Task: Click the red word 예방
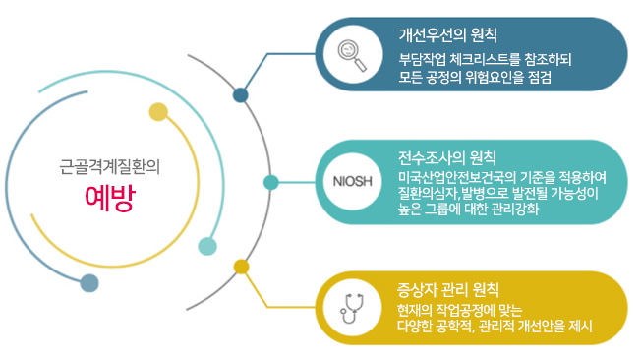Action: coord(110,199)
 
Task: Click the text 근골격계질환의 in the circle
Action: coord(109,167)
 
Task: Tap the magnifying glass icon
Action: coord(352,55)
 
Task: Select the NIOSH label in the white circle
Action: coord(352,181)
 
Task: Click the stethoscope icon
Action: coord(352,308)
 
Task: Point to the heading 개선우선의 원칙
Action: coord(448,35)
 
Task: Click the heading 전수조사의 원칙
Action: coord(447,158)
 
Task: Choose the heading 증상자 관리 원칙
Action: coord(448,289)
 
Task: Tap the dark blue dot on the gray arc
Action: coord(240,95)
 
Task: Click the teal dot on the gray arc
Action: coord(271,182)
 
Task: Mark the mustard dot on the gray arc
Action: coord(241,267)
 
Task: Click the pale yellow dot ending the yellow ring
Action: coord(158,112)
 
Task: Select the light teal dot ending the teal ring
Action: coord(207,246)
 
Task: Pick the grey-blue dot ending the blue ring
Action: coord(89,283)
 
